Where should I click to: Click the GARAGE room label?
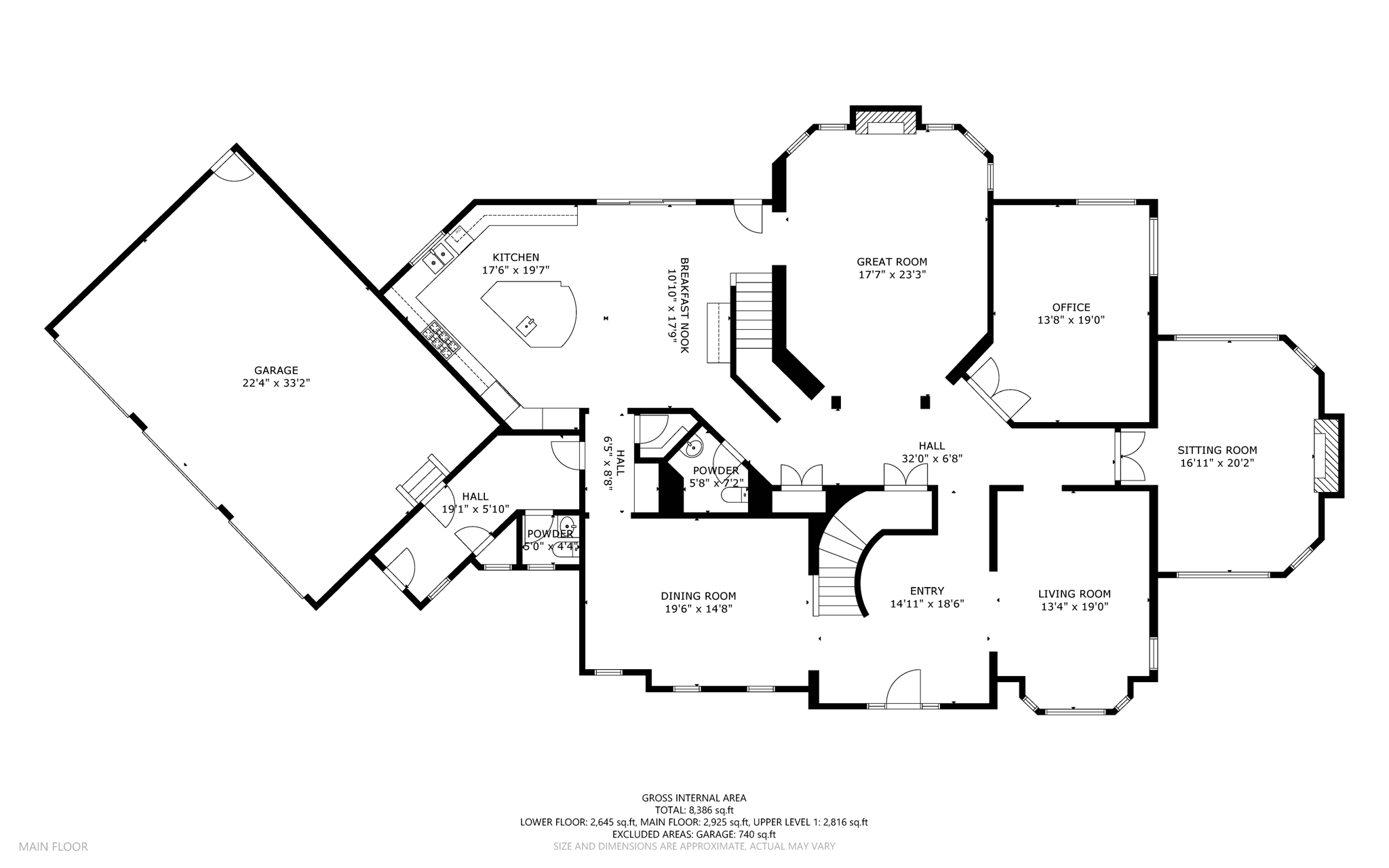[x=276, y=371]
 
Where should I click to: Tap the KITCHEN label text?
[x=515, y=257]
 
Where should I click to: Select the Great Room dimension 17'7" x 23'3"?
[x=892, y=275]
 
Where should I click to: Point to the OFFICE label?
[x=1071, y=307]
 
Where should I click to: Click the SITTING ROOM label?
[x=1217, y=450]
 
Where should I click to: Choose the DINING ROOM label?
[x=698, y=596]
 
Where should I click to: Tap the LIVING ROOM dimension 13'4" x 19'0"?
[x=1074, y=607]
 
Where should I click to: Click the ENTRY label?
[x=926, y=590]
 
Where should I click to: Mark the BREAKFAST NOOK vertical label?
[x=684, y=305]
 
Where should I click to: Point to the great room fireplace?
[x=885, y=123]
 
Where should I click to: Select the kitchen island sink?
[x=527, y=326]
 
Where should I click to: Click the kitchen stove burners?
[x=441, y=339]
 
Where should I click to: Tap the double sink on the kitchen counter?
[x=439, y=257]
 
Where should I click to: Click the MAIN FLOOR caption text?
[x=53, y=846]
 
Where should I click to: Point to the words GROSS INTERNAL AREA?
[x=694, y=798]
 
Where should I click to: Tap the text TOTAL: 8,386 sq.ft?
[x=694, y=810]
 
